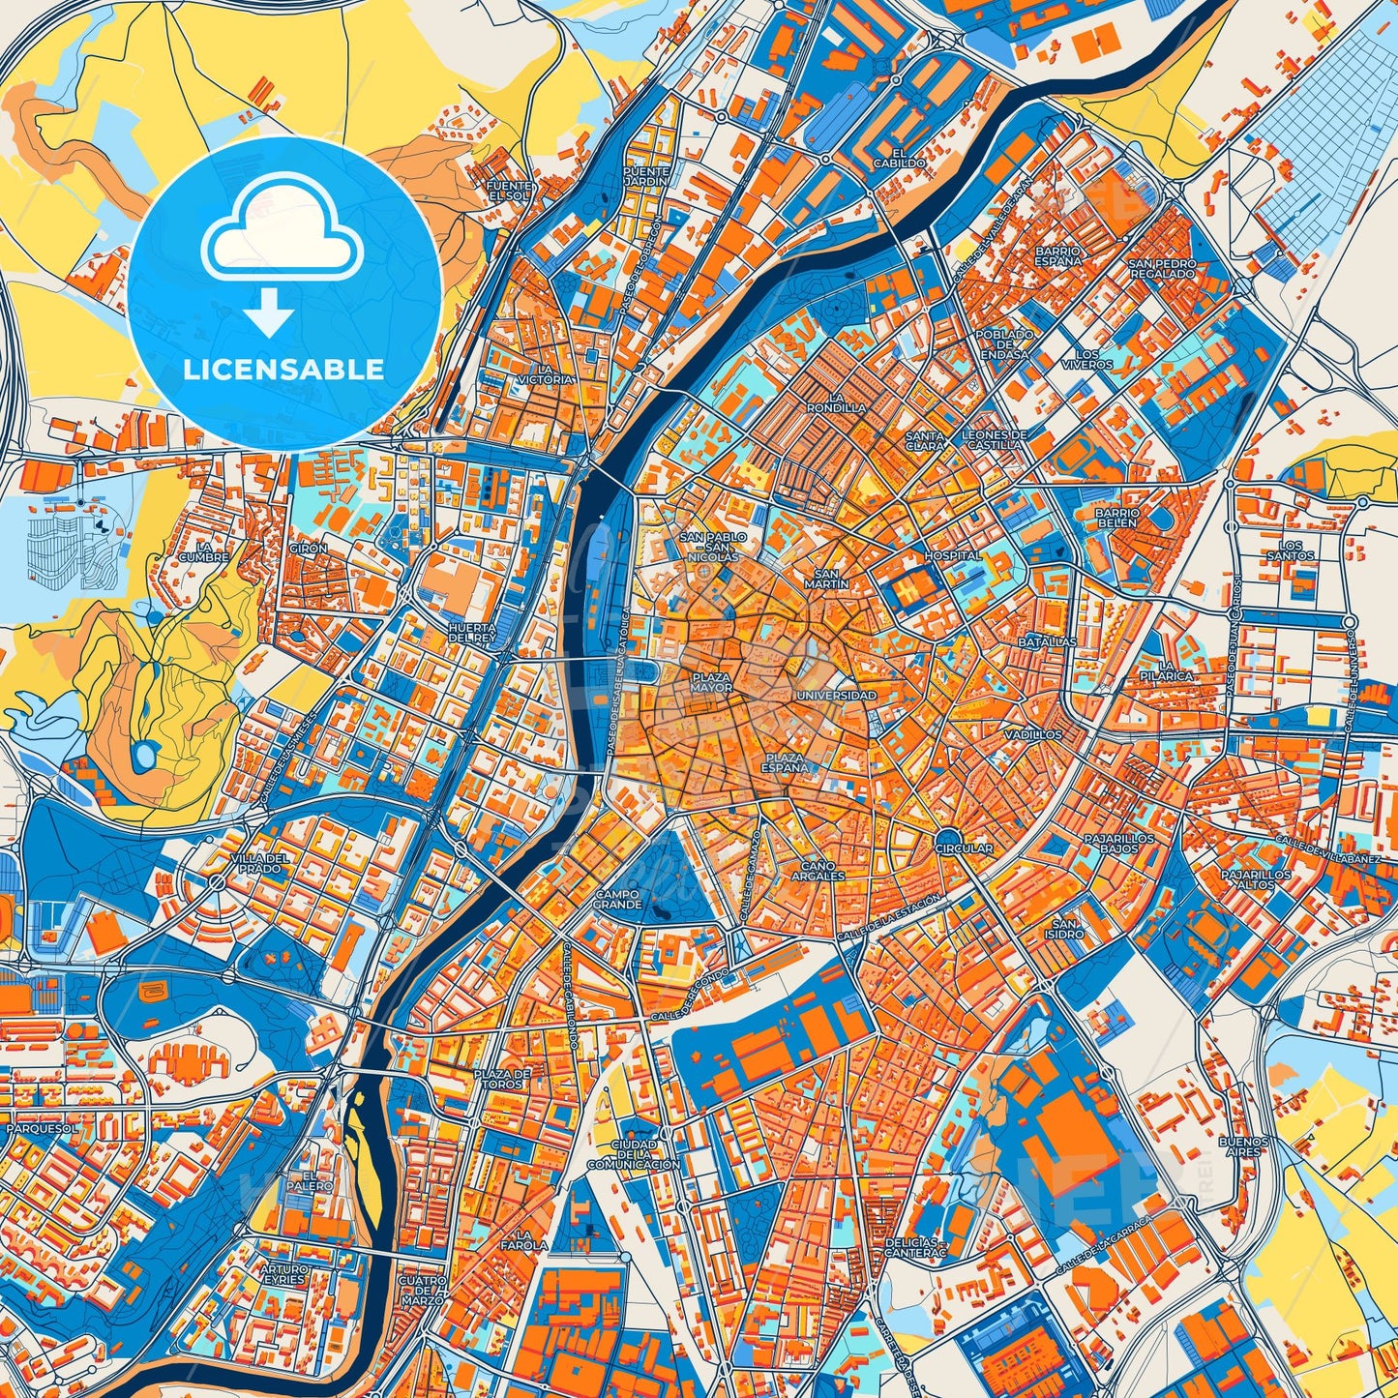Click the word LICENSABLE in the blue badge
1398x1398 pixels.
(x=284, y=370)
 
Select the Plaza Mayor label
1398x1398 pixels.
(x=711, y=682)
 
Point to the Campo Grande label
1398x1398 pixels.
(x=618, y=899)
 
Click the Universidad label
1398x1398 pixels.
(x=836, y=696)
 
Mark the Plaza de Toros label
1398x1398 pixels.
(x=502, y=1079)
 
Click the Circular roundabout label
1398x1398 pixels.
(x=964, y=848)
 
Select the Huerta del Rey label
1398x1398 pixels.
(x=472, y=633)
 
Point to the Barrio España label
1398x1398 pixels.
(x=1057, y=255)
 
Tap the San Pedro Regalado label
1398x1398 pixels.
(x=1162, y=268)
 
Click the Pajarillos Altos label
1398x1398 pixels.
(x=1255, y=878)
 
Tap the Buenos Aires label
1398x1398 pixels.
(x=1242, y=1146)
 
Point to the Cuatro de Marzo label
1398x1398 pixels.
(x=423, y=1291)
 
